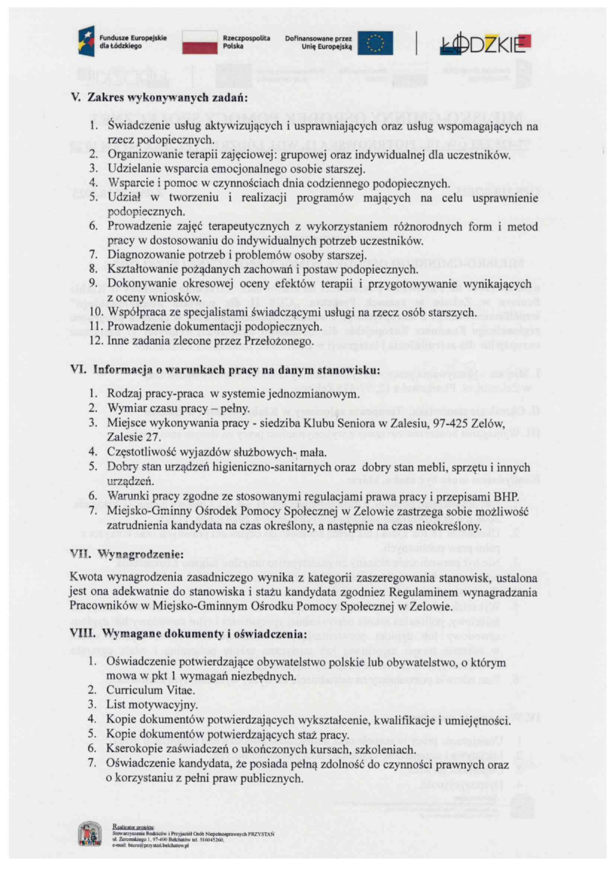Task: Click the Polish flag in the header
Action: pyautogui.click(x=199, y=42)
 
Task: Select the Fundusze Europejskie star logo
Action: pyautogui.click(x=86, y=41)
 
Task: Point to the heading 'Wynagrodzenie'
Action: pyautogui.click(x=140, y=554)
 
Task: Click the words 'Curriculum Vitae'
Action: pyautogui.click(x=150, y=690)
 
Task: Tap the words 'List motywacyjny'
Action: pyautogui.click(x=152, y=704)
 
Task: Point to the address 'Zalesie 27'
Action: pyautogui.click(x=133, y=437)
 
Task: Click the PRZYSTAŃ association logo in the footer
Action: pyautogui.click(x=90, y=834)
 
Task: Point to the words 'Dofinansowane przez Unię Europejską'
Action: pyautogui.click(x=318, y=42)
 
